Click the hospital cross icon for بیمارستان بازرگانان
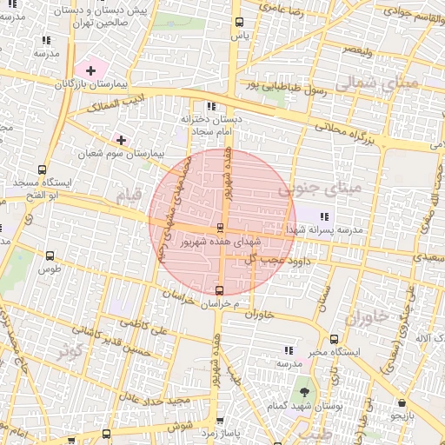[x=90, y=70]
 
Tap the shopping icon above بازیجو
[x=402, y=403]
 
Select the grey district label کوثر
[x=74, y=352]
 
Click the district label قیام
[x=127, y=197]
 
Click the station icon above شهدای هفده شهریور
[x=219, y=228]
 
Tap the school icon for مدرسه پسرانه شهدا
[x=324, y=216]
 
